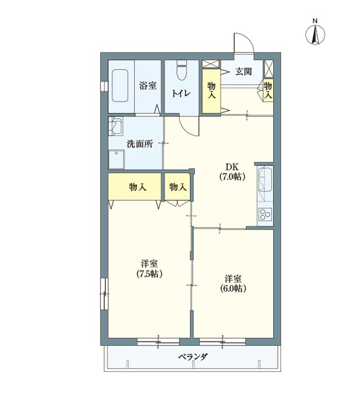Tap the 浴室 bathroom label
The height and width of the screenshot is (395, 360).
coord(147,86)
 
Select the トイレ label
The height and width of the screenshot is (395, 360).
coord(181,93)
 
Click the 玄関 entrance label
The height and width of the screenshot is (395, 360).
coord(244,72)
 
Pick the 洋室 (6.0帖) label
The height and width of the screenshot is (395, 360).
coord(233,282)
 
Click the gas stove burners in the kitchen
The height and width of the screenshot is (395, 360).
coord(265,215)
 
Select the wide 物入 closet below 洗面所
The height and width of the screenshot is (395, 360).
coord(136,187)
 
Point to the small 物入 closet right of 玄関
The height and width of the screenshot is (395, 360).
coord(268,88)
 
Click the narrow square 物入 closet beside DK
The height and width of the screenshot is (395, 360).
coord(178,187)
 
